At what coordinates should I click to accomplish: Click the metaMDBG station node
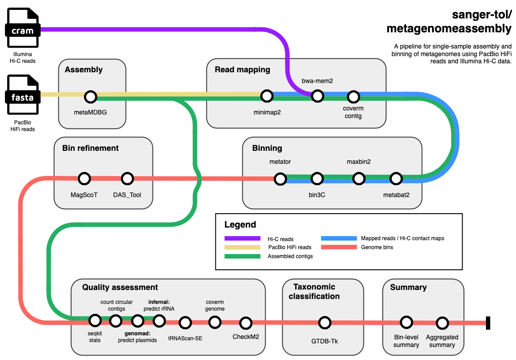[91, 97]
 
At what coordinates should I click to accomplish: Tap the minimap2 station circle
[267, 96]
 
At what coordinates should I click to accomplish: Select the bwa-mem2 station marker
[318, 96]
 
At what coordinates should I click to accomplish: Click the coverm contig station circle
[354, 97]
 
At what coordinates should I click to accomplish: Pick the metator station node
[280, 179]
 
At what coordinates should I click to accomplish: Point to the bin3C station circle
[317, 179]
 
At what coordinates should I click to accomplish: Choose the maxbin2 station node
[359, 179]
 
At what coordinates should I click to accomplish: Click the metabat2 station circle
[396, 179]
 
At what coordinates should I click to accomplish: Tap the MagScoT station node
[84, 179]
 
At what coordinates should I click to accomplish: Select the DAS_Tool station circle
[127, 179]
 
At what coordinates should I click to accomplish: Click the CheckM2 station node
[246, 323]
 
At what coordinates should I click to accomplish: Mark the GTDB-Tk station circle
[325, 323]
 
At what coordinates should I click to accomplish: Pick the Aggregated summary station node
[442, 323]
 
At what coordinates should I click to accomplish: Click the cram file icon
[22, 28]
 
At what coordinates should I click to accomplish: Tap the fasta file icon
[22, 95]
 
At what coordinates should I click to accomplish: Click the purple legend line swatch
[242, 238]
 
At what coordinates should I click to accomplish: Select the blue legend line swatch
[339, 238]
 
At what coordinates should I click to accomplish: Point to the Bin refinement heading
[90, 148]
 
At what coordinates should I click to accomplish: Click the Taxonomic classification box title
[314, 292]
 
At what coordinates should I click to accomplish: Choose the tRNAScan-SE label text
[185, 338]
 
